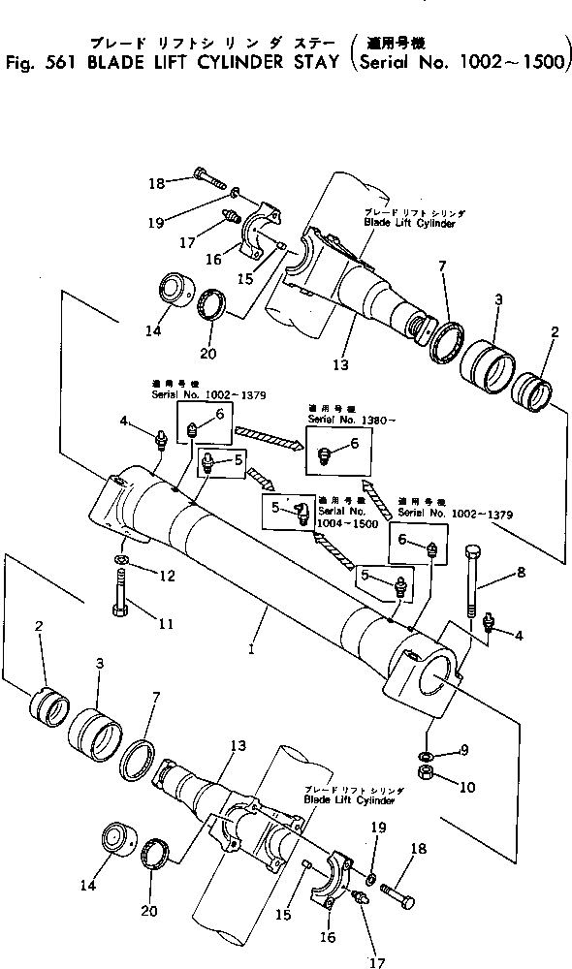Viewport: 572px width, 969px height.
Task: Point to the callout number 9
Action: point(464,748)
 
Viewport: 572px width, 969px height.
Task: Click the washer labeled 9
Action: point(427,754)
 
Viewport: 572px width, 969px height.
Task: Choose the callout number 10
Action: point(468,786)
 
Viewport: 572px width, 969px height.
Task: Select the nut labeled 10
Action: point(427,772)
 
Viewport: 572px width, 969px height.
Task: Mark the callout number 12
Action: point(167,577)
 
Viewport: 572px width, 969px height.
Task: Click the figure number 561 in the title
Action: point(52,65)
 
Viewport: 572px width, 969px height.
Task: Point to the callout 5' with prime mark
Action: point(277,506)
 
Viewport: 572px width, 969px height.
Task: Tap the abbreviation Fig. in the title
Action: point(17,65)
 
